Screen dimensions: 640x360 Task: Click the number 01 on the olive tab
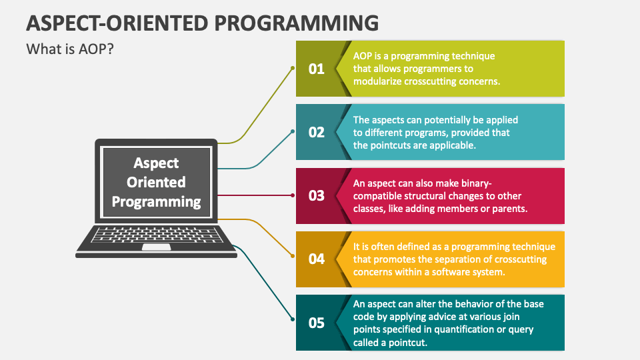pos(316,69)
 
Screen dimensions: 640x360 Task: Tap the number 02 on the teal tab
pos(316,132)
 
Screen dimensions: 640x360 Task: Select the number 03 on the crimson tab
pos(316,195)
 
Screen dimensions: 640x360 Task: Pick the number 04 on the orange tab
pos(316,259)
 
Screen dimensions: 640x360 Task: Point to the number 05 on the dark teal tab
pos(316,323)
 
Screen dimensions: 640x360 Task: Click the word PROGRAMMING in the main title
pos(297,23)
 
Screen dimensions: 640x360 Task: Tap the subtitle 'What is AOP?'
pos(70,49)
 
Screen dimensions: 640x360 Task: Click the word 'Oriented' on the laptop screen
pos(156,182)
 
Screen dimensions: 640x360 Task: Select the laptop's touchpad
pos(156,247)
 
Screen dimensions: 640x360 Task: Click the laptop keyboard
pos(157,235)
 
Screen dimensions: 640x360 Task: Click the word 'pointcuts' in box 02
pos(391,145)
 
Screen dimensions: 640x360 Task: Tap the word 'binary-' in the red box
pos(476,183)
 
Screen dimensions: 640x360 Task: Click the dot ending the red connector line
pos(293,195)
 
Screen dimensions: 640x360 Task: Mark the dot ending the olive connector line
pos(293,68)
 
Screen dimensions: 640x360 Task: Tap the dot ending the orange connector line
pos(293,256)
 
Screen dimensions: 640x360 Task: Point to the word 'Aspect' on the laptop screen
pos(156,163)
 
